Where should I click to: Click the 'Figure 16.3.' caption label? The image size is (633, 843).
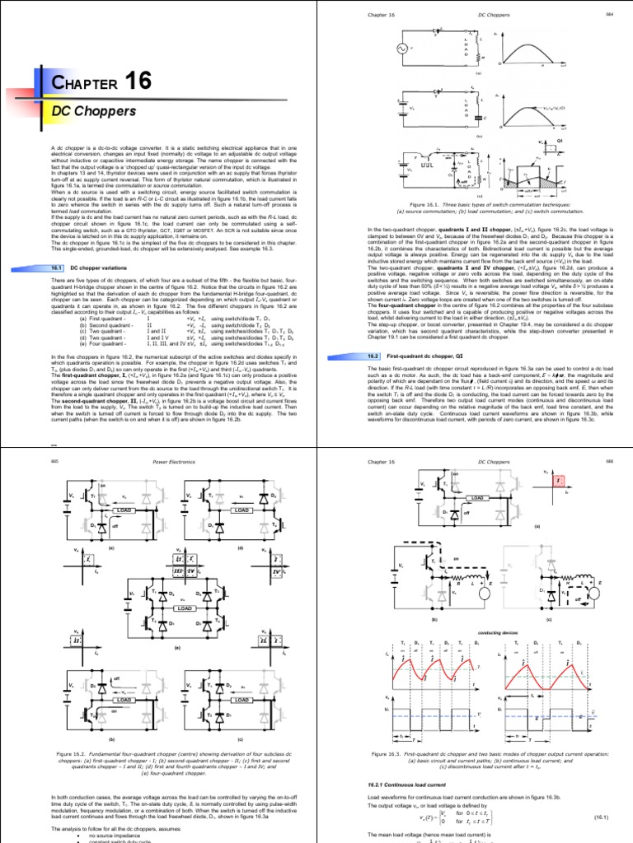[393, 754]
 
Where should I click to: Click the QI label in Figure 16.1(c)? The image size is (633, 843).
[607, 142]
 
